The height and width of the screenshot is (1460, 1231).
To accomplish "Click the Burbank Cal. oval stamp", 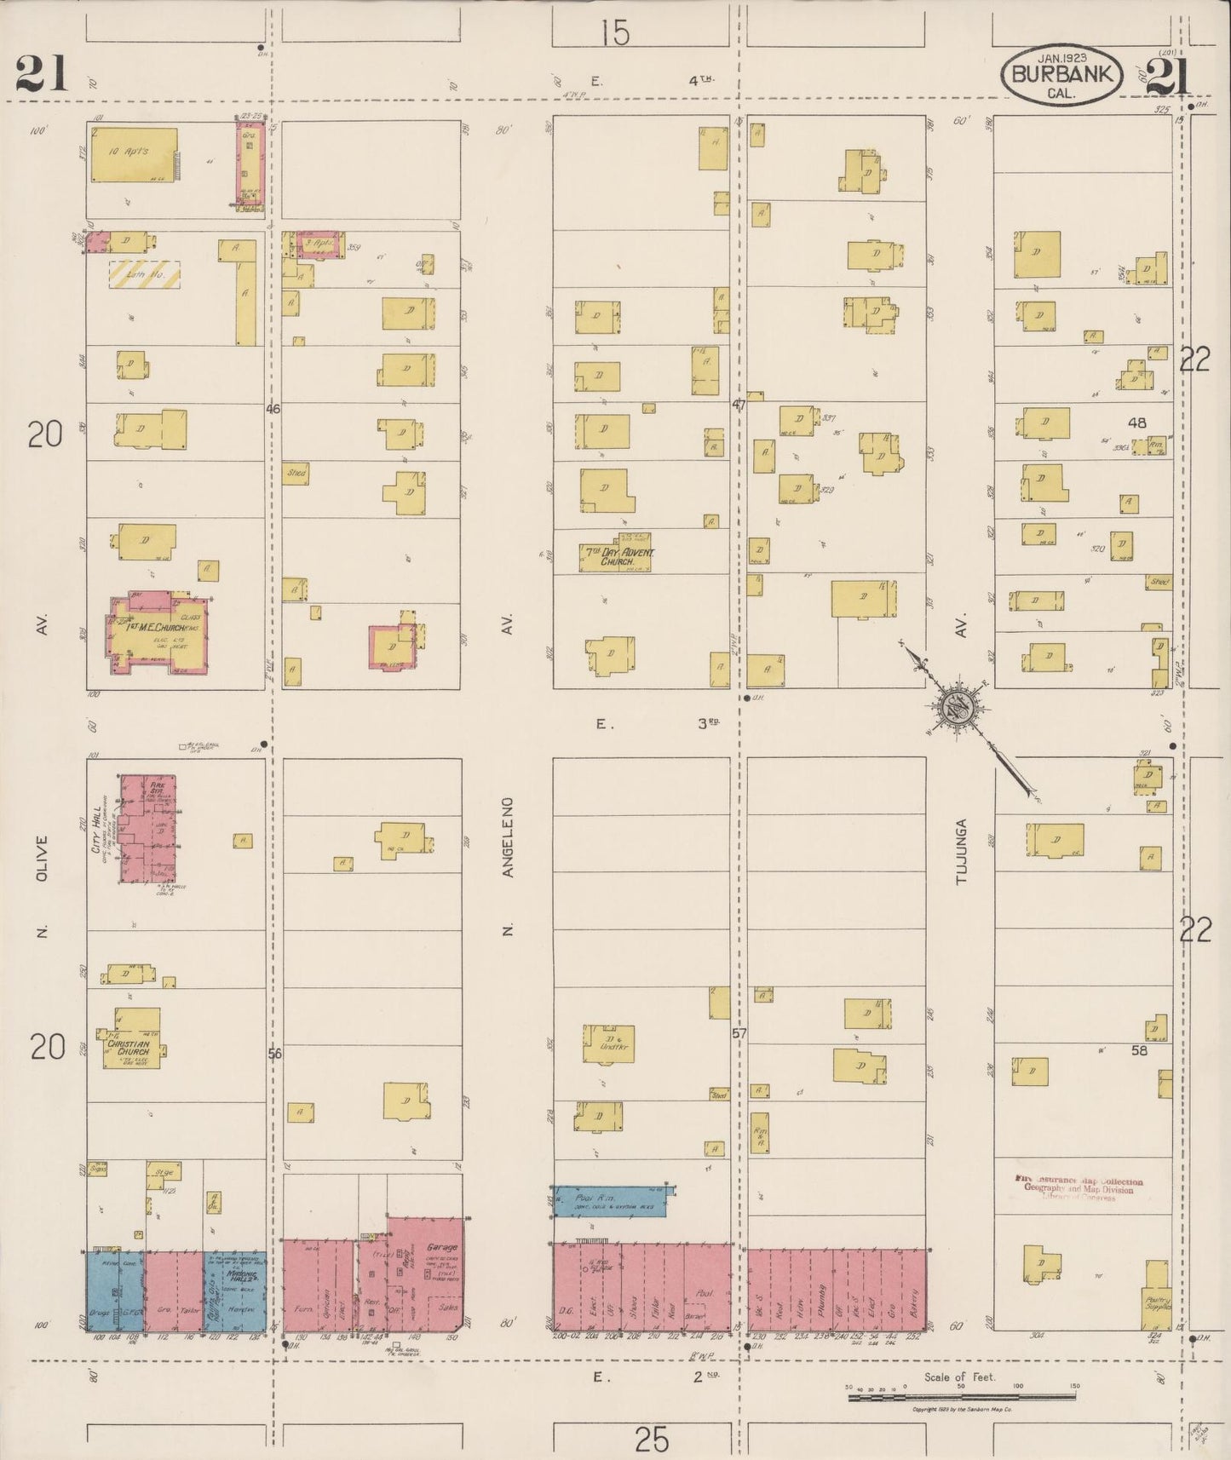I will pos(1061,75).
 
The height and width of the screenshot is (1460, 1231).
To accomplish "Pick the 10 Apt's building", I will pos(135,154).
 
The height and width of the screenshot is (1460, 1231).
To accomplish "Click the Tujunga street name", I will pos(962,852).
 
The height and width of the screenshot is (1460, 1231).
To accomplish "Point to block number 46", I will pos(273,409).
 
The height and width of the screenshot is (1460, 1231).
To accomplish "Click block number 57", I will pos(739,1033).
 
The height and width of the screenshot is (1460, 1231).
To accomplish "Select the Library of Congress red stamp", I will pos(1079,1187).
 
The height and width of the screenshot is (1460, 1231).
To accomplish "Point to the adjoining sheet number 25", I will pos(652,1440).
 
